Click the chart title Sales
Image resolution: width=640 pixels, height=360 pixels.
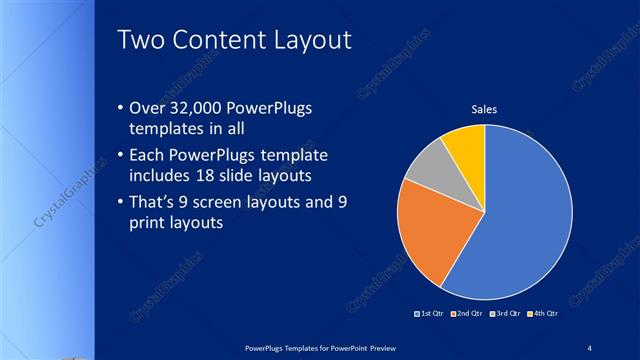484,109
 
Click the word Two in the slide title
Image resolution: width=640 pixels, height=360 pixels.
141,40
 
